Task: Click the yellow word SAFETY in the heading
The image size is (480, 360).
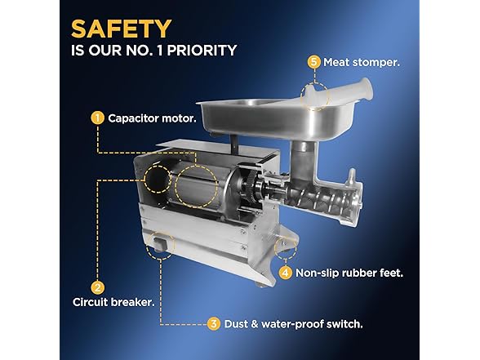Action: point(121,29)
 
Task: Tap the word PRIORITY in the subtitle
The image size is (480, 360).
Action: point(202,51)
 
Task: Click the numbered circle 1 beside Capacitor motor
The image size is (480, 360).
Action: point(97,118)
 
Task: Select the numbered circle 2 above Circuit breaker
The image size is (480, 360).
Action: point(98,287)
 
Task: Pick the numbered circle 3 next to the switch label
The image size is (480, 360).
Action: point(213,323)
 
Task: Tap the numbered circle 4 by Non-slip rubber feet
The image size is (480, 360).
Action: point(286,273)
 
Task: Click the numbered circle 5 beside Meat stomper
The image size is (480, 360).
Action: point(313,62)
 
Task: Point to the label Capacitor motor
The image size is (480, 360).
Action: point(152,118)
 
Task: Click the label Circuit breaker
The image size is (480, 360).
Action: point(113,302)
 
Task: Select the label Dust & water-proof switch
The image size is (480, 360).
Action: point(294,324)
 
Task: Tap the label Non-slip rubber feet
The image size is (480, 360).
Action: point(349,273)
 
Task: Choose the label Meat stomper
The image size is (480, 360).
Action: point(362,62)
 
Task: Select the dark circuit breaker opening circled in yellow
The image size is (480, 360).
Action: point(158,180)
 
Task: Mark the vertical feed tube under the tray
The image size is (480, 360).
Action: point(304,162)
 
